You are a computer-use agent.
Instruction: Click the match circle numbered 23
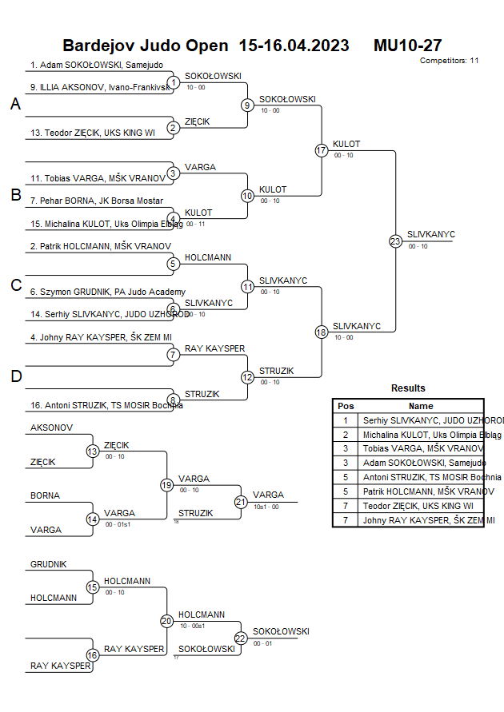[x=395, y=241]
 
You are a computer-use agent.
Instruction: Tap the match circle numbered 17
[x=322, y=150]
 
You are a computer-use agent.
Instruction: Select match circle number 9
[x=247, y=105]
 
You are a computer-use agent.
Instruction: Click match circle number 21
[x=241, y=502]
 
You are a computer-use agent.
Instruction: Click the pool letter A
[x=15, y=105]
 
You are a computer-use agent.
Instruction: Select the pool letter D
[x=15, y=376]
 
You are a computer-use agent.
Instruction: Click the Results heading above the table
[x=408, y=388]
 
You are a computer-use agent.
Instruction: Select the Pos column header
[x=346, y=406]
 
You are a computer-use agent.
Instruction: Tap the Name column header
[x=421, y=406]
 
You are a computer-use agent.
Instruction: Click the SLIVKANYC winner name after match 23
[x=430, y=234]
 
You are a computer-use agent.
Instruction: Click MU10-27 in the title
[x=408, y=46]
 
